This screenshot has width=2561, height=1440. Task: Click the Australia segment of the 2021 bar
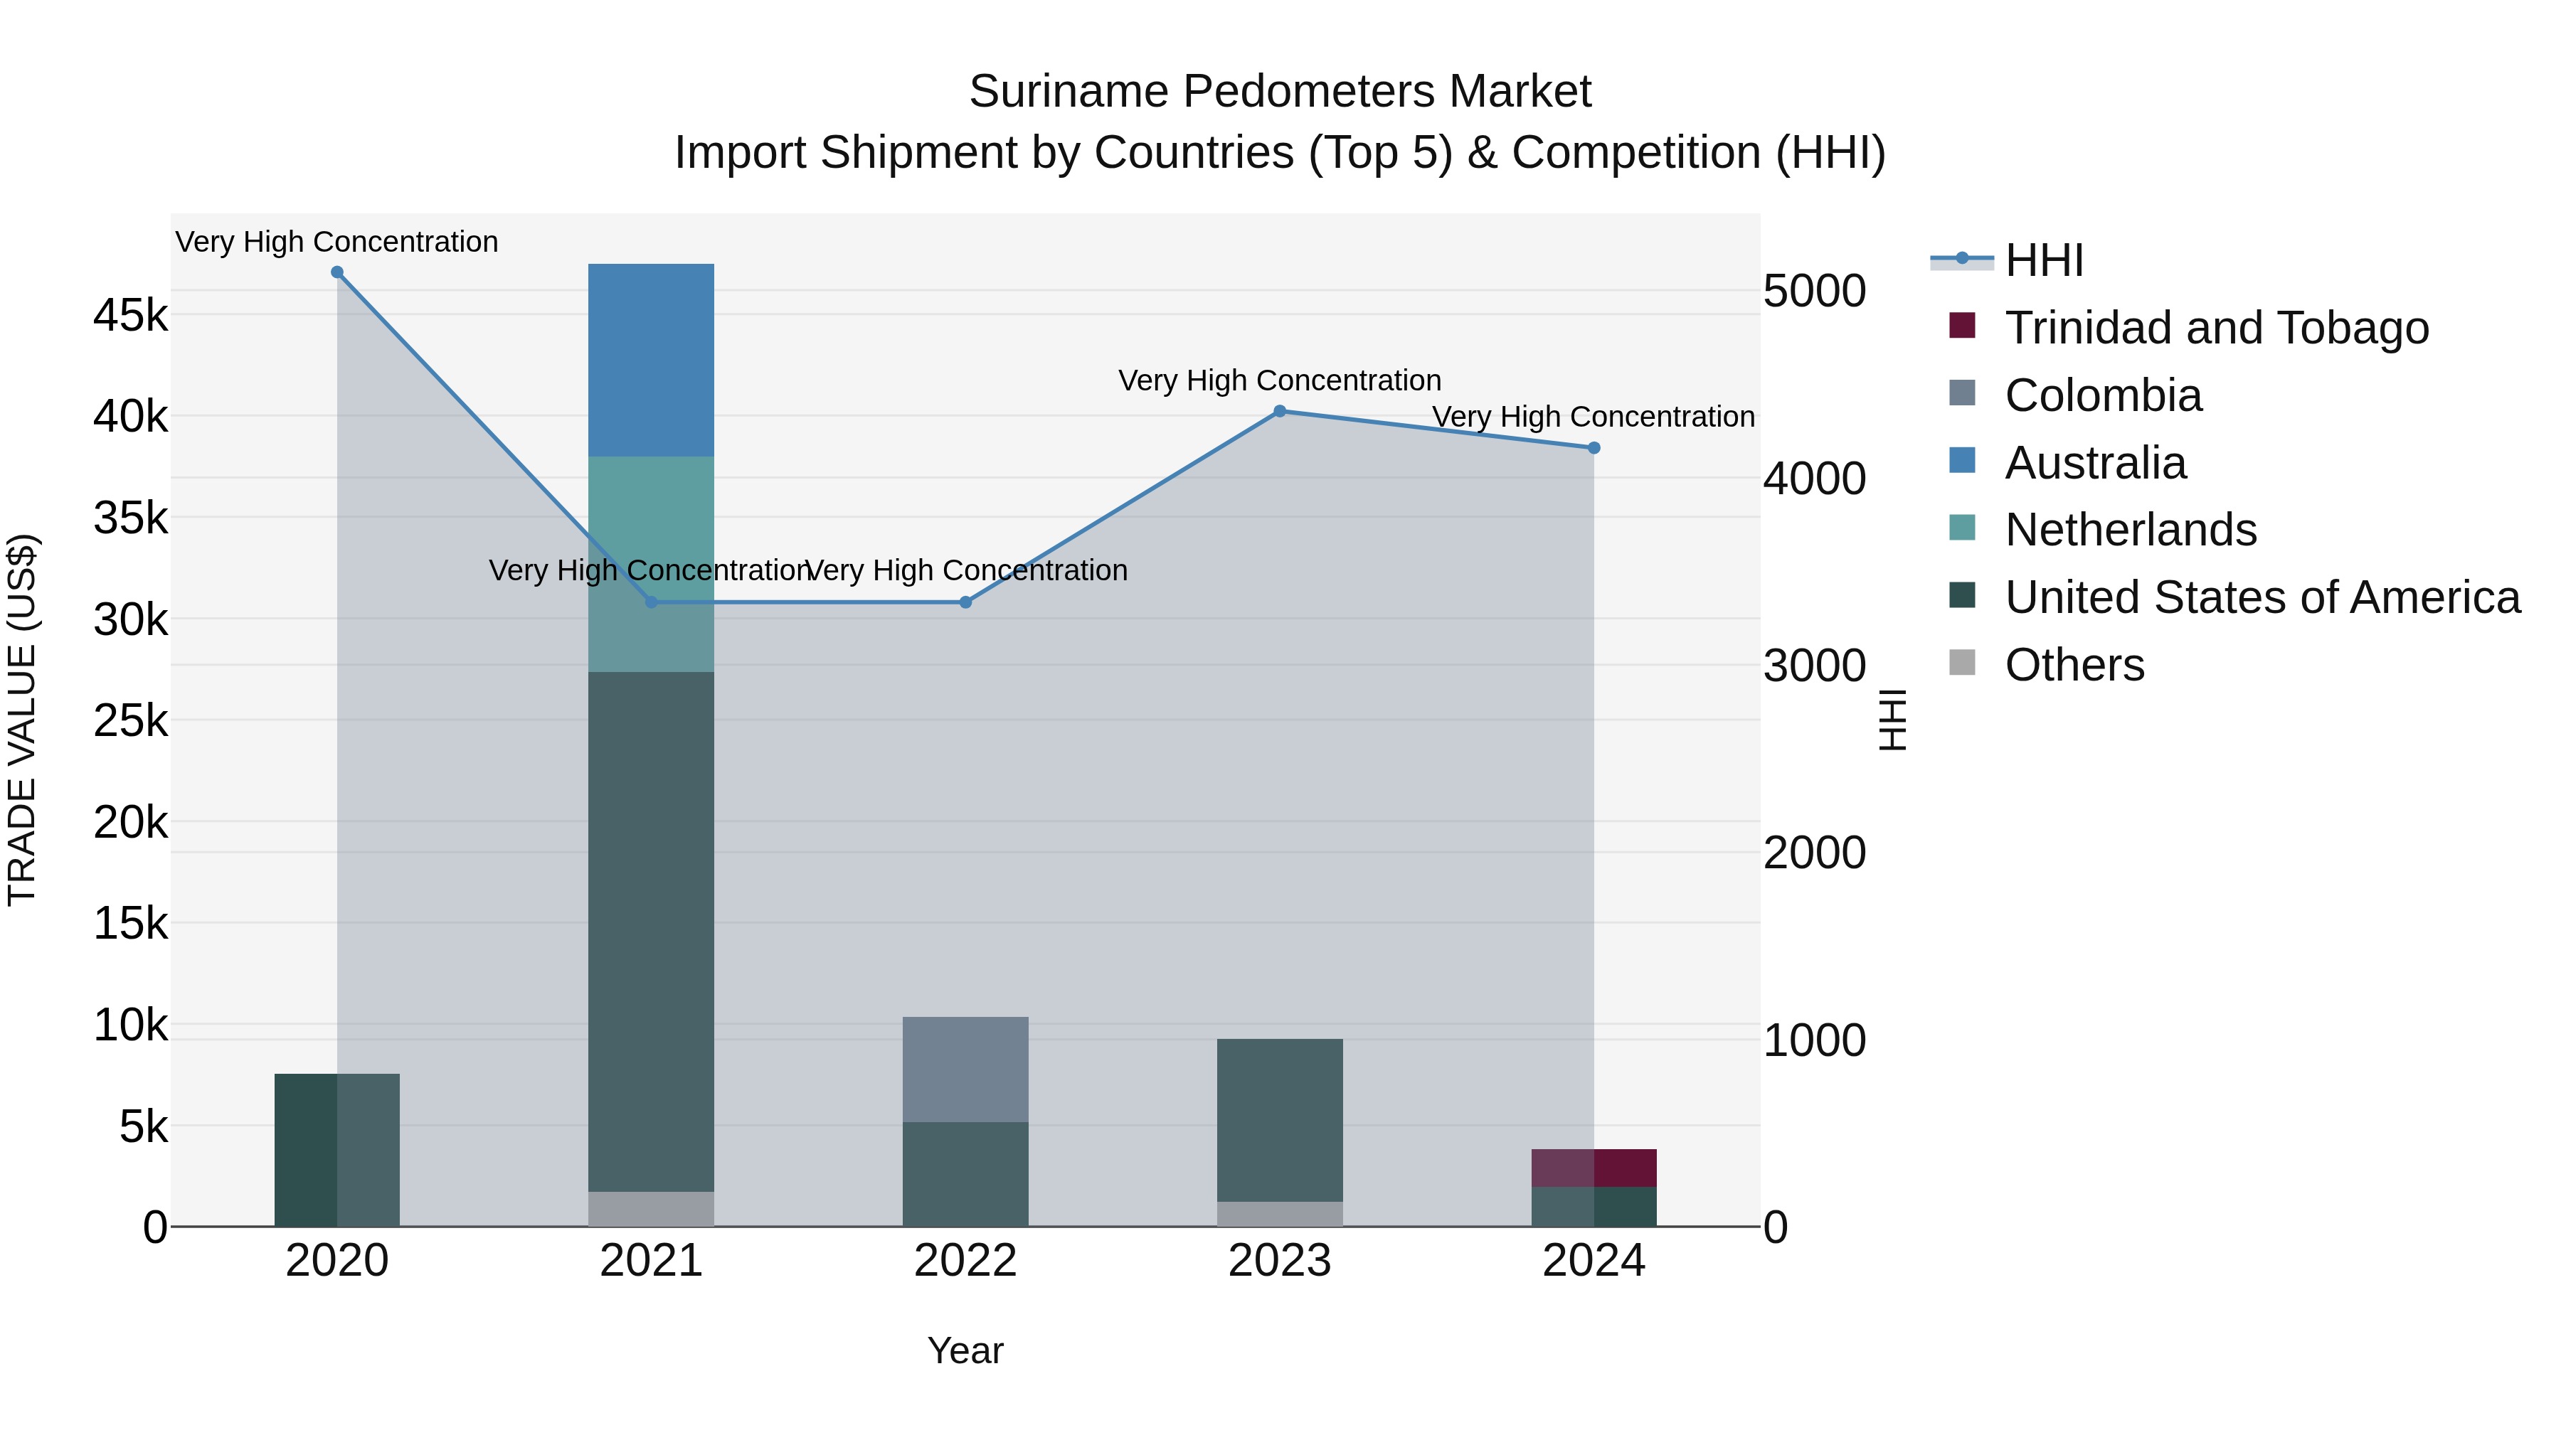[651, 360]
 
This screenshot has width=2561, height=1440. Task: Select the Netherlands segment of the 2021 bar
[651, 563]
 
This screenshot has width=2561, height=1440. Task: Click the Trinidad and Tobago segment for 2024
[1594, 1168]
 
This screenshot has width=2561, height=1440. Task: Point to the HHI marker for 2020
[337, 272]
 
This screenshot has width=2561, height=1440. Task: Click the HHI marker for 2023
[1280, 410]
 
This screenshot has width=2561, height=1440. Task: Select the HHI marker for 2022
[965, 602]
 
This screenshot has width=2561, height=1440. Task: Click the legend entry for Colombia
[2103, 395]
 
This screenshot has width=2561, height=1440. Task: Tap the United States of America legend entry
[2262, 597]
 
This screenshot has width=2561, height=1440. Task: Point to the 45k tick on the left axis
[130, 316]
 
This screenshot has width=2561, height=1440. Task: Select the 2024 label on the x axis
[1594, 1261]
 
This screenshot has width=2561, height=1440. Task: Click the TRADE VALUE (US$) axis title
[22, 720]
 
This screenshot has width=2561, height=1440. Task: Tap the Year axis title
[965, 1350]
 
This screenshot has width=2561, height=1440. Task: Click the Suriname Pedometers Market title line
[1280, 92]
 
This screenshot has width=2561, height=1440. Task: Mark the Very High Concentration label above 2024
[1593, 417]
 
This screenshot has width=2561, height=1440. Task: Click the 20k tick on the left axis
[130, 823]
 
